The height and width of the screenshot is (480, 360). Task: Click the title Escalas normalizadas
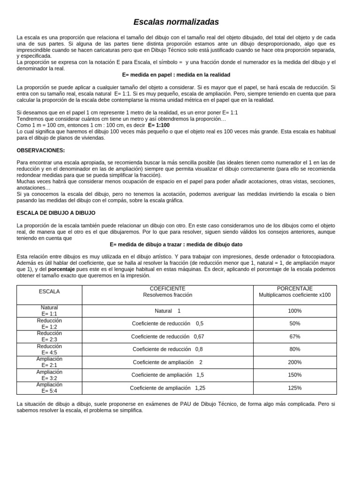coord(176,22)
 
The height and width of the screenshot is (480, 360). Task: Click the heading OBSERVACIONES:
coord(41,150)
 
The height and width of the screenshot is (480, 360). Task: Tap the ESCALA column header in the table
coord(49,292)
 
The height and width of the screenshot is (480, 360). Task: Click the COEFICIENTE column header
coord(167,292)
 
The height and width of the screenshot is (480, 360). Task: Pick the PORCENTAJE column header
coord(295,292)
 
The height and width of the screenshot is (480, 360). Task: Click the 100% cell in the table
coord(295,311)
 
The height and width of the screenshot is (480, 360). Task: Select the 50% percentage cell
coord(295,323)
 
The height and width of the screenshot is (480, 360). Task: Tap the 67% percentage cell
coord(295,337)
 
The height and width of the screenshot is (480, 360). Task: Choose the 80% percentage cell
coord(295,349)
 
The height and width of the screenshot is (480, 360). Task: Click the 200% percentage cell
coord(295,362)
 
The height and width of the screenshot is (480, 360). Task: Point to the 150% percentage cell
coord(295,375)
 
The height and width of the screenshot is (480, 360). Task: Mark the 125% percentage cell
coord(295,388)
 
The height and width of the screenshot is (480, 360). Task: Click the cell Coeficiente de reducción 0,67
coord(167,337)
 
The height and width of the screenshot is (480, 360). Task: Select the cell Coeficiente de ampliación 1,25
coord(167,388)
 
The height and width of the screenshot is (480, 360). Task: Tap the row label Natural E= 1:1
coord(49,311)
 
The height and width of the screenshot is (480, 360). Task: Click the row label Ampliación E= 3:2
coord(49,375)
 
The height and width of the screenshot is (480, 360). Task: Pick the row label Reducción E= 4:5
coord(49,349)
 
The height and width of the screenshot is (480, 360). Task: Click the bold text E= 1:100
coord(159,126)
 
